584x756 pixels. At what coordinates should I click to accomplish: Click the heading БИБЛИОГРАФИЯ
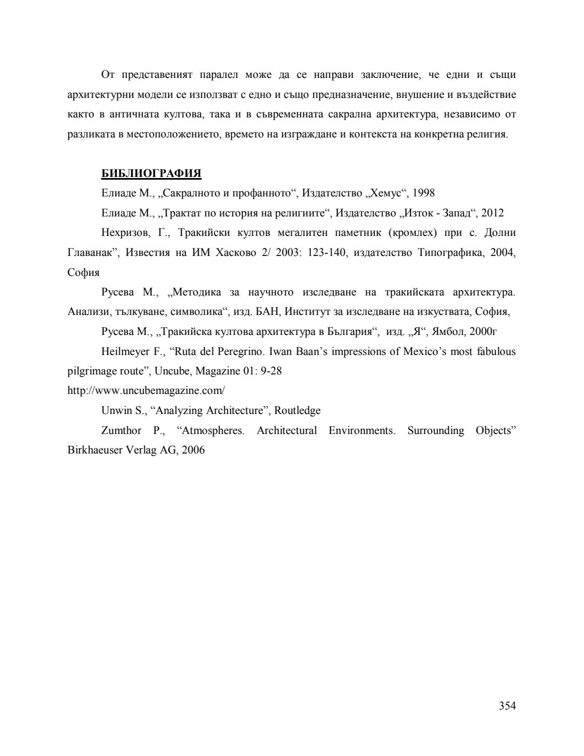[x=151, y=173]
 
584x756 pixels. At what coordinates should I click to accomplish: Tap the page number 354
[x=507, y=705]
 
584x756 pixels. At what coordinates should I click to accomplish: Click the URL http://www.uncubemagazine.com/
[x=145, y=391]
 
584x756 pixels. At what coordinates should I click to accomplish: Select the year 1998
[x=423, y=193]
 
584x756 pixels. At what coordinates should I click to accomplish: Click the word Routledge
[x=297, y=411]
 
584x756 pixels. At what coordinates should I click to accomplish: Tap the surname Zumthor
[x=121, y=431]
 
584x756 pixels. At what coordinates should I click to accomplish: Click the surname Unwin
[x=116, y=411]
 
